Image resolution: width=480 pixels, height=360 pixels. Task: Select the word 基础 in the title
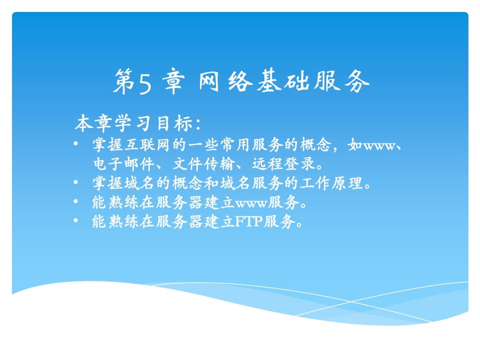(283, 81)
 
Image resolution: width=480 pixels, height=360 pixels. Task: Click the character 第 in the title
(124, 81)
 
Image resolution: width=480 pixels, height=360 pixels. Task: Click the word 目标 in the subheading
(175, 123)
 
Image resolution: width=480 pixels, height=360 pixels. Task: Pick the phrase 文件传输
(204, 164)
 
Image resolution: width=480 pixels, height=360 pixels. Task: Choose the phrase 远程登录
(283, 164)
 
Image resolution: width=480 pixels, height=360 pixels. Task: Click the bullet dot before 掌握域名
(76, 182)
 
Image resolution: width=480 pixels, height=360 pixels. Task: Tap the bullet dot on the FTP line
(76, 220)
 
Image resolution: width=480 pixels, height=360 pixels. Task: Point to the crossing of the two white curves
(351, 302)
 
